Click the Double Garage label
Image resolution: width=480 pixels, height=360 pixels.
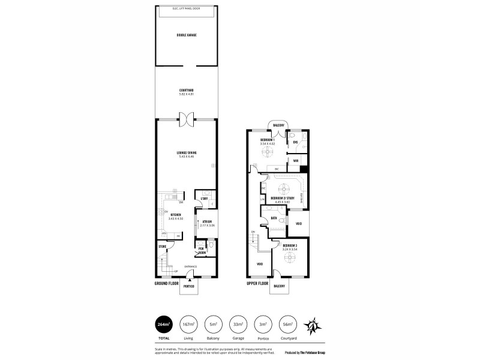[187, 35]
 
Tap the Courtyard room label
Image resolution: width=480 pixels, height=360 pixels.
[187, 91]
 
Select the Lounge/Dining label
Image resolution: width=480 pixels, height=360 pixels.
[187, 153]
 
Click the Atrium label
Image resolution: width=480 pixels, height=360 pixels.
[208, 222]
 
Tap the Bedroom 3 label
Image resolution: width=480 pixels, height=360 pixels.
[290, 245]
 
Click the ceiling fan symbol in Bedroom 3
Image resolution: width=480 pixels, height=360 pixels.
[290, 257]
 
